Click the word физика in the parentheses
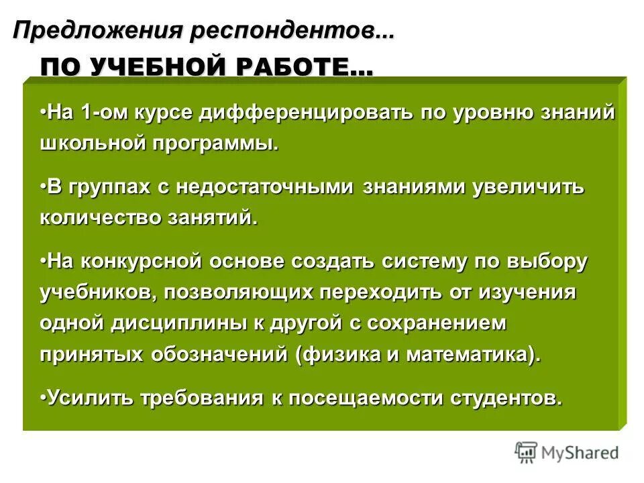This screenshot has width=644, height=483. click(x=342, y=356)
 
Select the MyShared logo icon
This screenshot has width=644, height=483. click(x=526, y=451)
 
